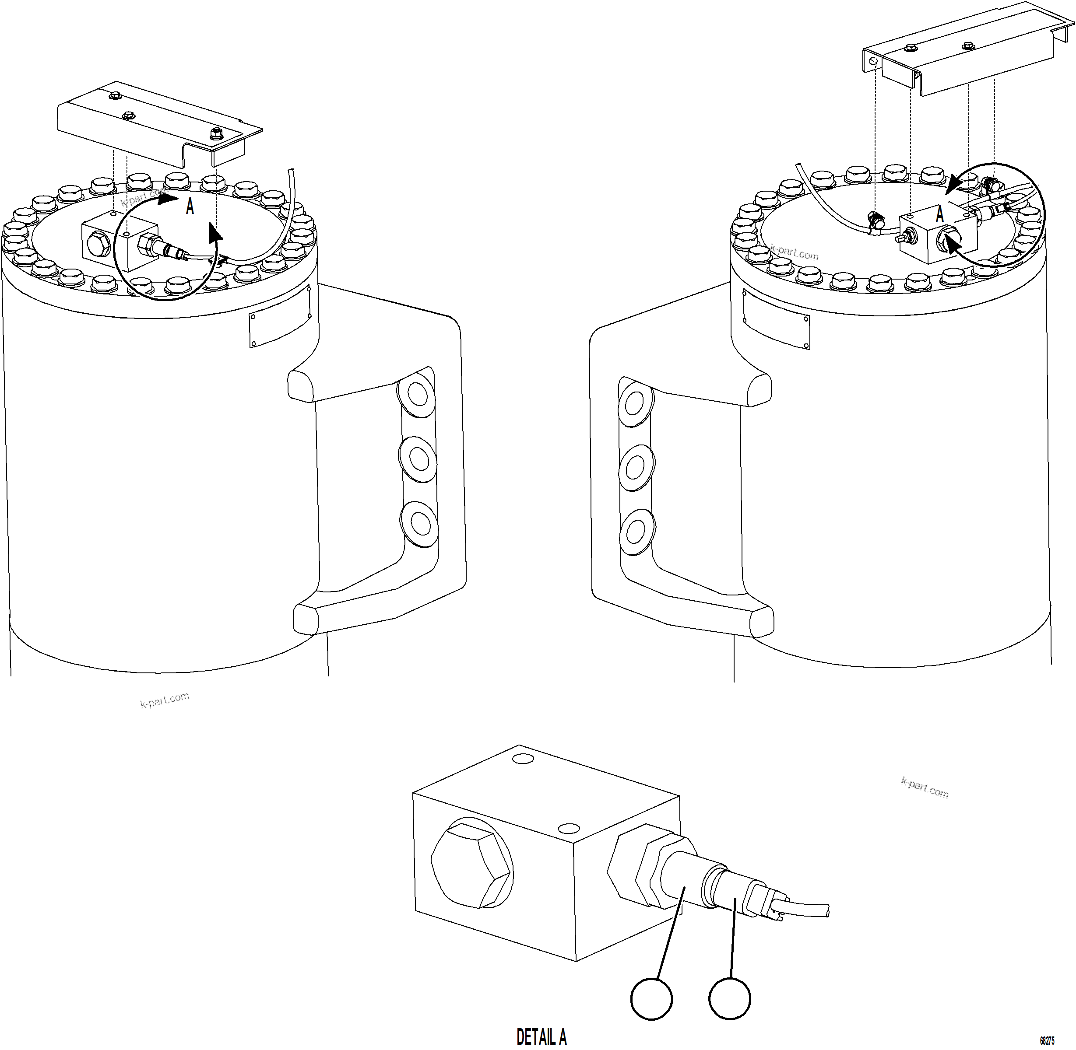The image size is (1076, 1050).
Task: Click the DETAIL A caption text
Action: tap(542, 1036)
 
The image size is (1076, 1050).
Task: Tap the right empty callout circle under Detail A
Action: tap(729, 999)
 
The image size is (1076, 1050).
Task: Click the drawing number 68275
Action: tap(1047, 1041)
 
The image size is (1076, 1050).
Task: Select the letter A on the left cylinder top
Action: tap(190, 207)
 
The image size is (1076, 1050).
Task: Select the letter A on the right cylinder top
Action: tap(940, 214)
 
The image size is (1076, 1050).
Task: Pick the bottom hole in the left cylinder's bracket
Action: tap(420, 523)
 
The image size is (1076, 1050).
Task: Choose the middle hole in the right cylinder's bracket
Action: tap(636, 468)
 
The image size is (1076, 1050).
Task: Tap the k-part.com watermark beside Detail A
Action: tap(924, 788)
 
